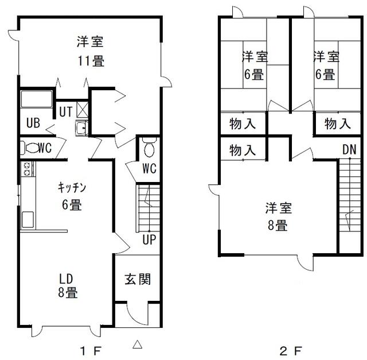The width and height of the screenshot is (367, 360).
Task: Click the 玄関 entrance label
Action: click(138, 279)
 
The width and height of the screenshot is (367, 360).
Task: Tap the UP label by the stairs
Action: click(149, 239)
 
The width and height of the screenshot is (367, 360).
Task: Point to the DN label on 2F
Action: click(349, 149)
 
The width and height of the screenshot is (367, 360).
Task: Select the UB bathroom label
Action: click(33, 122)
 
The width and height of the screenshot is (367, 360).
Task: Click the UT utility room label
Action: click(66, 111)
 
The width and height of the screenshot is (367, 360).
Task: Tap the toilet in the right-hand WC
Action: click(149, 148)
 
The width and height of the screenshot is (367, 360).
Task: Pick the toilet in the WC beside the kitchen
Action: click(30, 148)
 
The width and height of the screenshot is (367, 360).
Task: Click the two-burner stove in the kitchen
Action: click(28, 169)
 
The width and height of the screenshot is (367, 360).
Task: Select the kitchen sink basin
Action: click(28, 219)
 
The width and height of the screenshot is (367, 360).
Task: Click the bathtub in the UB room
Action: click(36, 99)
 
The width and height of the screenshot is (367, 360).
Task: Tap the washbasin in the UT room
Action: click(81, 128)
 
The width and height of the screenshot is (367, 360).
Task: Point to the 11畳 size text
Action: click(91, 61)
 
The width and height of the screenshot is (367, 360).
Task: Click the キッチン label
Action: click(72, 188)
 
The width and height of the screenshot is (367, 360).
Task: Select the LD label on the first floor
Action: click(66, 279)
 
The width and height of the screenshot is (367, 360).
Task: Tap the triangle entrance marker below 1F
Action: click(138, 344)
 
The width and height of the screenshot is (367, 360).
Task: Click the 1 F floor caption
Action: click(91, 351)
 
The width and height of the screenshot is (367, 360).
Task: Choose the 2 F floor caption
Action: click(291, 351)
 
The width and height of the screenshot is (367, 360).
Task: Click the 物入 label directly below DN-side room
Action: click(338, 123)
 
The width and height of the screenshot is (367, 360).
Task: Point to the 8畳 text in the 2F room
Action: click(278, 226)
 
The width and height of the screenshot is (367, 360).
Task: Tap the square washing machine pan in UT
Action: click(83, 109)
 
